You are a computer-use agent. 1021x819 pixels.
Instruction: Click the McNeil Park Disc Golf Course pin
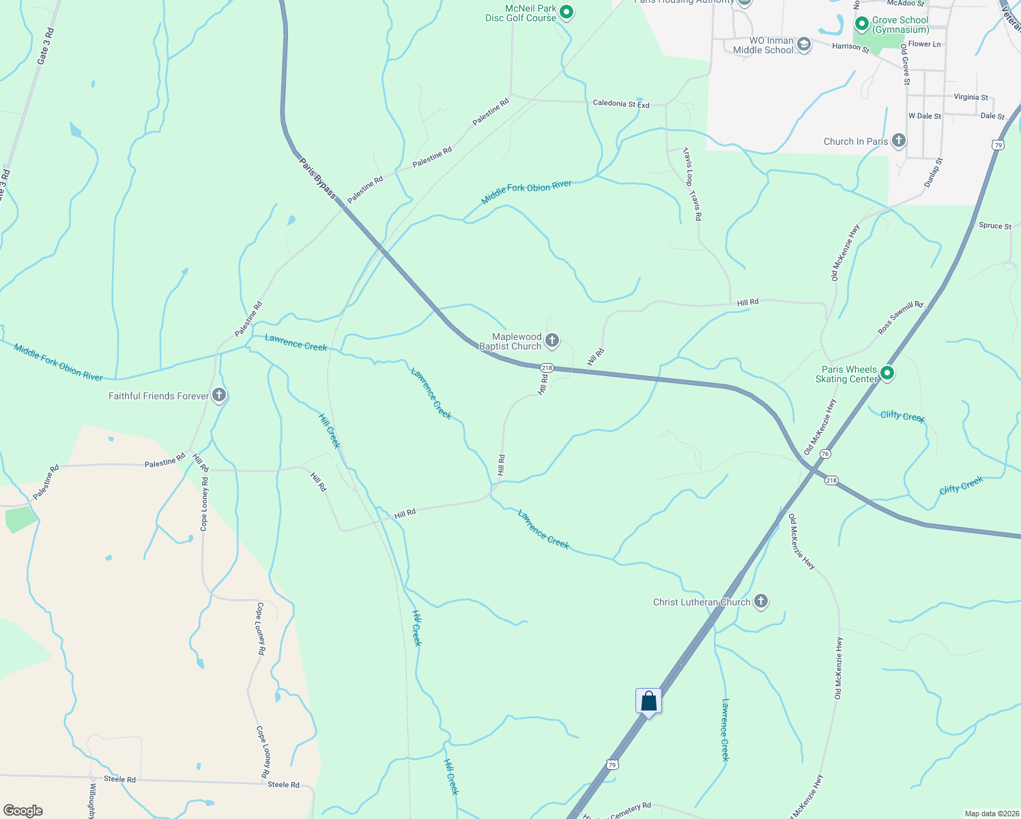(x=566, y=12)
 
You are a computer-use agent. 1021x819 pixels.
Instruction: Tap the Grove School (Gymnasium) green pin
(x=861, y=25)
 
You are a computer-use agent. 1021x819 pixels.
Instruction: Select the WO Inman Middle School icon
(x=804, y=45)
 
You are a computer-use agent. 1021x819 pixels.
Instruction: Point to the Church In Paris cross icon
(x=898, y=141)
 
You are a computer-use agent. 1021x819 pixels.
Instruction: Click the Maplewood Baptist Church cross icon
(x=552, y=341)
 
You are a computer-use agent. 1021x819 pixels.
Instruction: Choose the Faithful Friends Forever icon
(x=218, y=395)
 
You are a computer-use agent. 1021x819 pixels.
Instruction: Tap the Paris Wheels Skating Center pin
(x=887, y=373)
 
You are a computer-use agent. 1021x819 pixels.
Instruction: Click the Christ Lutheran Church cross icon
(x=761, y=601)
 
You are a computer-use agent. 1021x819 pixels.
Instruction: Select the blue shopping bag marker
(x=648, y=702)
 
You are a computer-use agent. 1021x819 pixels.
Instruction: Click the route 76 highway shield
(x=826, y=454)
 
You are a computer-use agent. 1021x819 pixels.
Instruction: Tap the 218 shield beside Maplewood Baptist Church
(x=547, y=368)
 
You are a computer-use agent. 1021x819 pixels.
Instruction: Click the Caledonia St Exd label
(x=621, y=104)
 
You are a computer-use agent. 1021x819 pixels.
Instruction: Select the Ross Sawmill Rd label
(x=900, y=317)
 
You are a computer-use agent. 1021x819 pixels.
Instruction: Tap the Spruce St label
(x=995, y=226)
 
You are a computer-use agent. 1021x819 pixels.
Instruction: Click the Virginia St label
(x=970, y=97)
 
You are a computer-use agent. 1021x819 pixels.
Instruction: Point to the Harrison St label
(x=850, y=48)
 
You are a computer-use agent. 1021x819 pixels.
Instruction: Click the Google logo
(x=23, y=811)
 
